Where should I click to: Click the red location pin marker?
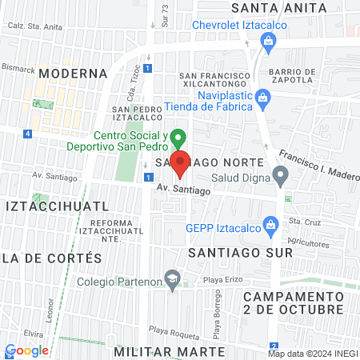[x=180, y=163]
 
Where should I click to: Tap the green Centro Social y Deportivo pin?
[x=180, y=138]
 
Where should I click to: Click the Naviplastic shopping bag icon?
[x=266, y=99]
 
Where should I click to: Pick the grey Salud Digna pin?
[x=280, y=174]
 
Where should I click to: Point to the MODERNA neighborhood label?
[x=72, y=74]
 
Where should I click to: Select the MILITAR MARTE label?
[x=163, y=351]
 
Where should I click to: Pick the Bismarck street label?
[x=17, y=69]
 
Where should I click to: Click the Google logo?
[x=27, y=350]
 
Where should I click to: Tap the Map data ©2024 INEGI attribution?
[x=311, y=354]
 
